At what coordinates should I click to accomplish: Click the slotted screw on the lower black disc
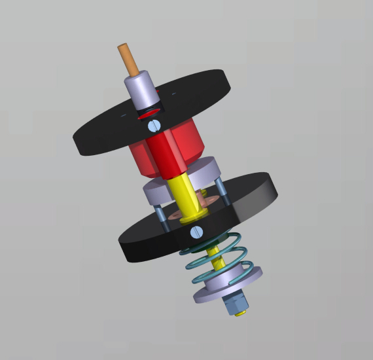tap(196, 232)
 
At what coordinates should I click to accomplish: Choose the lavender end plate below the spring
tap(229, 288)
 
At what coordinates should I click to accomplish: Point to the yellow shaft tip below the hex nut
tap(241, 313)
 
